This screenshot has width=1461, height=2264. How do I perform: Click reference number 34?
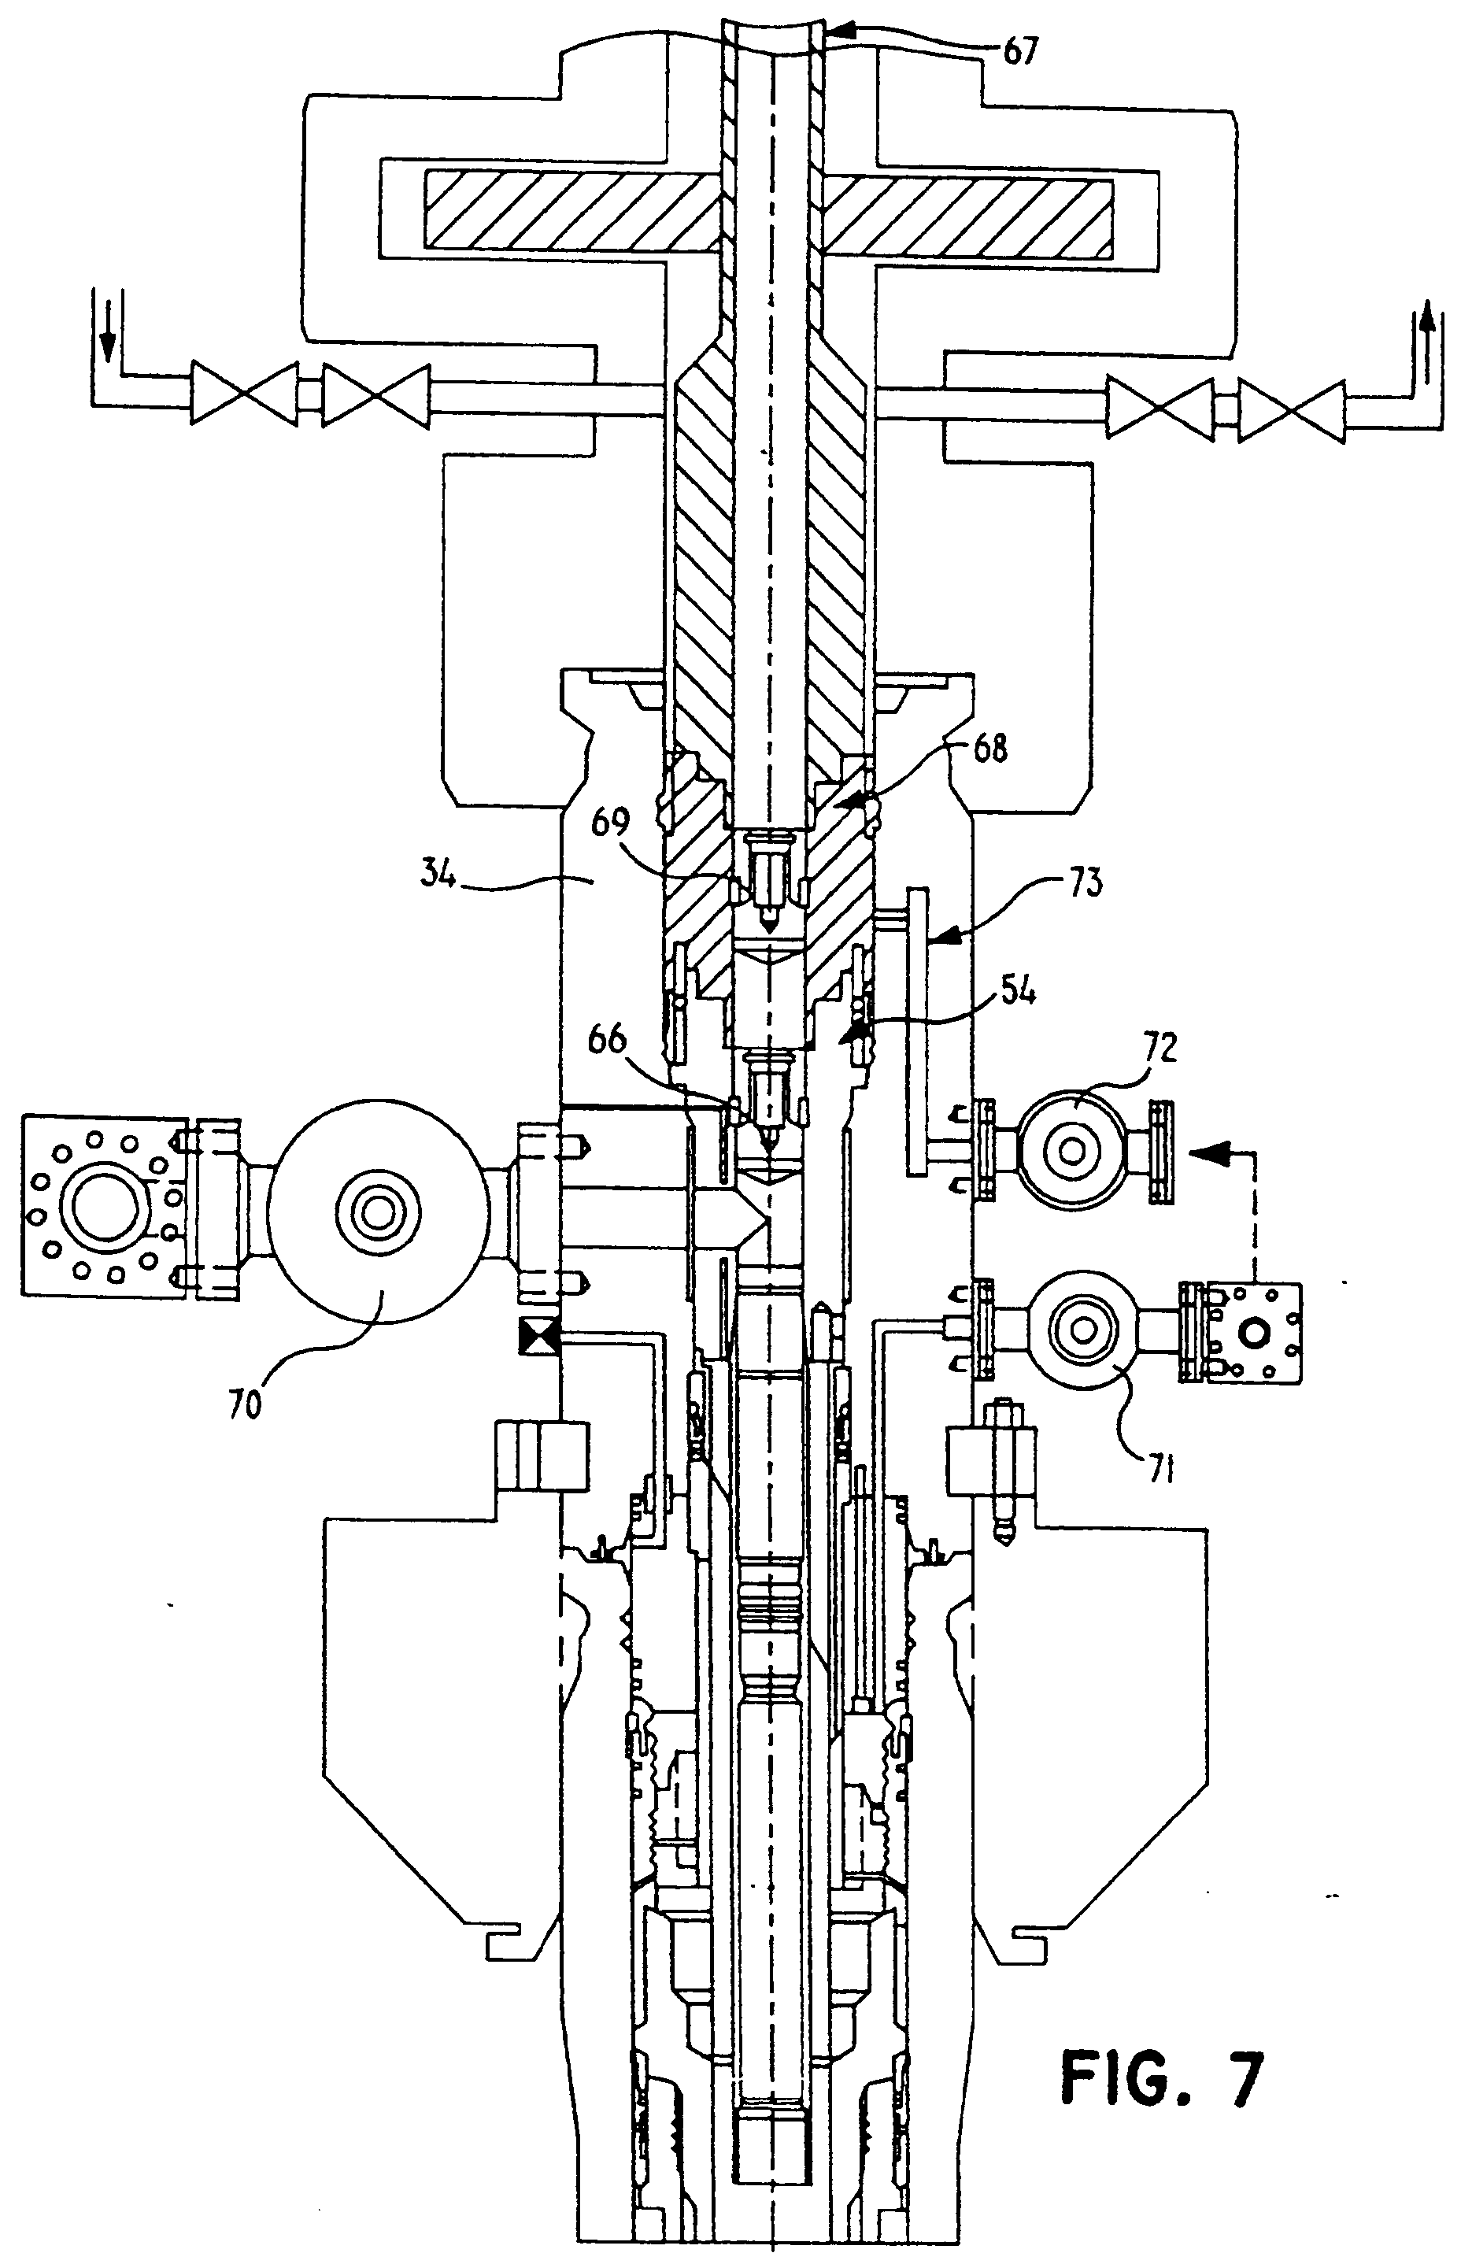coord(438,874)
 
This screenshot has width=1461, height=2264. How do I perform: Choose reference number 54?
coord(1016,992)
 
